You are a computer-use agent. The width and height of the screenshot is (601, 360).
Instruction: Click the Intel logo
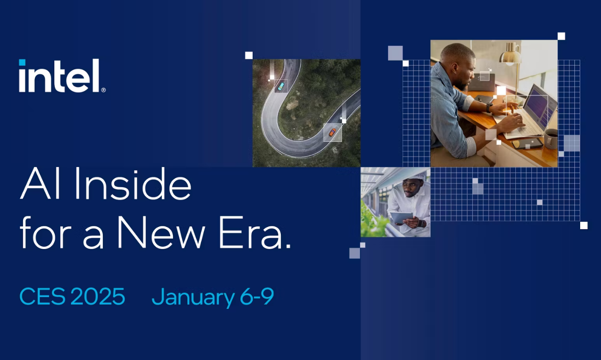[62, 76]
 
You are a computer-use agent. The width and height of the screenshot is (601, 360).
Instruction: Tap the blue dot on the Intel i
[22, 62]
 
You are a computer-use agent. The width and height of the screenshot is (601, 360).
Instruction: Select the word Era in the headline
[255, 233]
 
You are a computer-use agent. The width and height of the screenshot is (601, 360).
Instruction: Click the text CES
[43, 296]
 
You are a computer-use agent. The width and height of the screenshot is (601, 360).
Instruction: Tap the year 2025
[98, 296]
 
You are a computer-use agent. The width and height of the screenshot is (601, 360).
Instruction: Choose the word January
[193, 297]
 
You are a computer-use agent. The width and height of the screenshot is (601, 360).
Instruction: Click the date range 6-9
[257, 296]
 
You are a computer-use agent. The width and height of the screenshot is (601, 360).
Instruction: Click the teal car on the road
[281, 86]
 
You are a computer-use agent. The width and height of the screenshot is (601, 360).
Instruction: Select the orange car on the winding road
[332, 132]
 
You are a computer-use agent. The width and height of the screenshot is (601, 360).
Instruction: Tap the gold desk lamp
[510, 55]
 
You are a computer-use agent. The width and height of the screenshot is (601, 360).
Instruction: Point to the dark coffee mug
[551, 138]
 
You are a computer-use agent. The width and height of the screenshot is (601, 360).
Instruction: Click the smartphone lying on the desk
[528, 143]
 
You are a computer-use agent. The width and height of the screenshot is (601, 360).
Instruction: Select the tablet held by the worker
[402, 217]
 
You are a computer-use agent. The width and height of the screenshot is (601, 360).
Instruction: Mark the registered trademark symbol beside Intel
[104, 90]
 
